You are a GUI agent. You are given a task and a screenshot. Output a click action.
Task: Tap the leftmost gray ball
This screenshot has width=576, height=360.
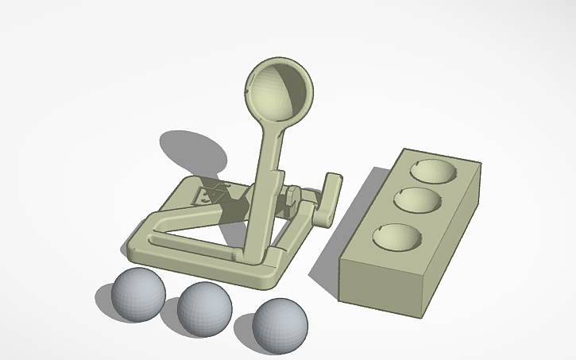pyautogui.click(x=138, y=294)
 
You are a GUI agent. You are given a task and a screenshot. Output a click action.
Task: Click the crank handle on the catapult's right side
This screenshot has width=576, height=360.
pyautogui.click(x=330, y=199)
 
